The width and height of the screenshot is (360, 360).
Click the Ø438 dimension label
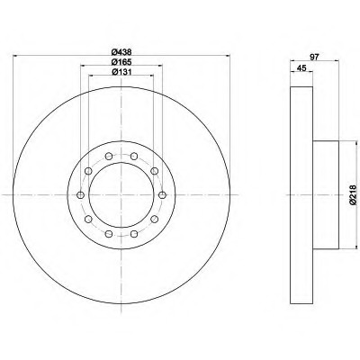121,52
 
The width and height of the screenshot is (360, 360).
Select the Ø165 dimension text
121,62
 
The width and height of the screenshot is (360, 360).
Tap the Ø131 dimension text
121,72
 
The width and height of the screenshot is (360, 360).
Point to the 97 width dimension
314,57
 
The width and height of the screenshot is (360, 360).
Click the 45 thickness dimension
301,68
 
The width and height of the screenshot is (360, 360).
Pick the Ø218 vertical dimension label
353,195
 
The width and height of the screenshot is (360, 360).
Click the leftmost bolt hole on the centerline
80,195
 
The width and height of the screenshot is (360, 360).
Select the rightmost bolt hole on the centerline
162,195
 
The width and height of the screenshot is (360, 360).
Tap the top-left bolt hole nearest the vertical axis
109,156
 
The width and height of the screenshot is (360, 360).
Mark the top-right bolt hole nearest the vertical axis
134,156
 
